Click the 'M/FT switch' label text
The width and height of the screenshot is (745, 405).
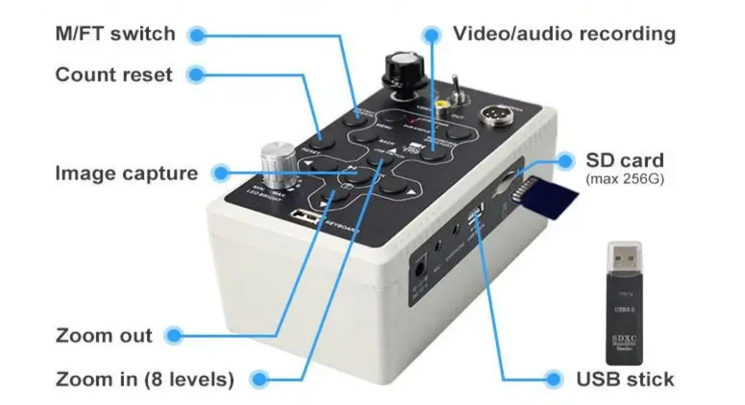tap(115, 34)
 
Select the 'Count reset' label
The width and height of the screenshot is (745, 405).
tap(114, 74)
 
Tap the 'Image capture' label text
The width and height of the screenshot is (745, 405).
tap(126, 174)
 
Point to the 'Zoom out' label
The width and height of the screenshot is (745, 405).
tap(104, 336)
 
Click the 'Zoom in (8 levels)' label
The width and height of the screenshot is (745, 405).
tap(145, 379)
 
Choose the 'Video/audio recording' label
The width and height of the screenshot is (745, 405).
tap(564, 34)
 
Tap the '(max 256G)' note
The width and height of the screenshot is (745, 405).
tap(624, 178)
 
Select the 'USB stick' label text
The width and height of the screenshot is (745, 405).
tap(624, 379)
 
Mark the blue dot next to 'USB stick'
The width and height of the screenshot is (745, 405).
tap(554, 379)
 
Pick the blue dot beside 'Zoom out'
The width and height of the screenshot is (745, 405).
tap(173, 336)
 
